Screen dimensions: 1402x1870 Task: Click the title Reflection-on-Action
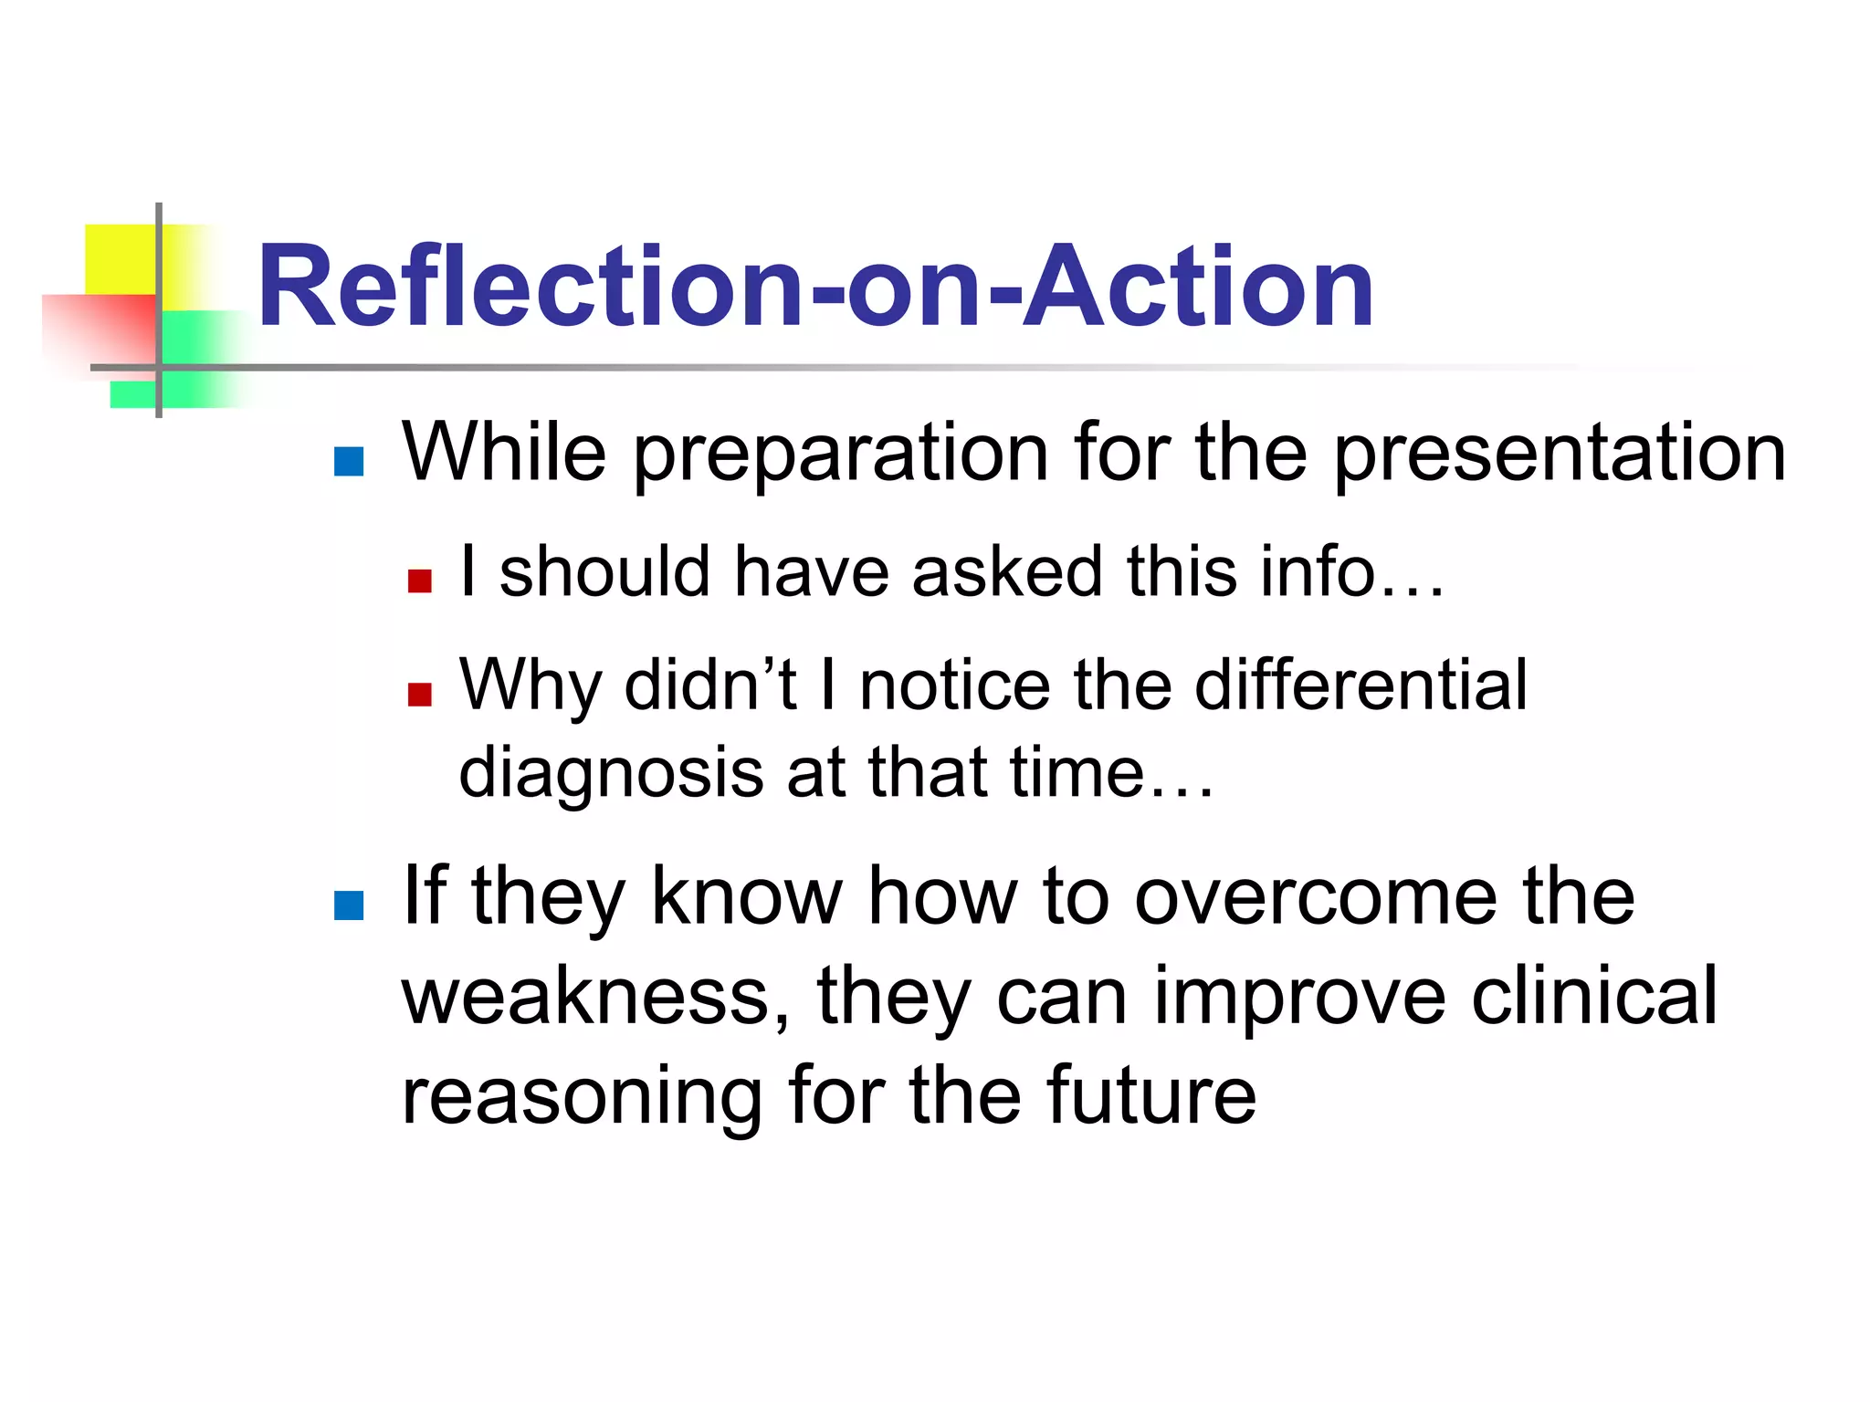(x=815, y=287)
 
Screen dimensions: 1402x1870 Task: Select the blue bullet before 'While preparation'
(x=349, y=462)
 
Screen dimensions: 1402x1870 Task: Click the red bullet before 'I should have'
(x=419, y=581)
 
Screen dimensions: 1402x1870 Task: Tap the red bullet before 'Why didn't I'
(x=419, y=695)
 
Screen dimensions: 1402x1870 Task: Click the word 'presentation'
(x=1559, y=454)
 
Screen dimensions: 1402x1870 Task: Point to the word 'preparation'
(x=840, y=454)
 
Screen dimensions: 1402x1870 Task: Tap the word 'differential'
(x=1360, y=685)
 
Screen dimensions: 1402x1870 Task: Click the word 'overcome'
(x=1315, y=897)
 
